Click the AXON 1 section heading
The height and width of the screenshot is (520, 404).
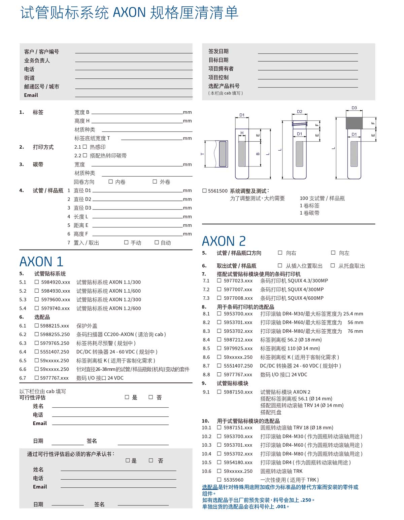click(41, 262)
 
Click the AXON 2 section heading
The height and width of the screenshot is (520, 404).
click(224, 241)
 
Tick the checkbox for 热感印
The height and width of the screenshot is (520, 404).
click(85, 147)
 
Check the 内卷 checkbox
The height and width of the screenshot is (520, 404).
click(111, 182)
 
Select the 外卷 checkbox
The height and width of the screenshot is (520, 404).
click(155, 182)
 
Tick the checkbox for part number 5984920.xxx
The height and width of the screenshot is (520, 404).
click(37, 282)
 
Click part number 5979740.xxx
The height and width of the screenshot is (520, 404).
click(56, 308)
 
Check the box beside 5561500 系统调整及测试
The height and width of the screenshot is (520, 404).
click(204, 191)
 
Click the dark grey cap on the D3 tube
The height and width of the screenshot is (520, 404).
click(354, 123)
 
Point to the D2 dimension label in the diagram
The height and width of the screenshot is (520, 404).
click(300, 112)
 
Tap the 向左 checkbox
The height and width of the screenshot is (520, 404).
click(333, 253)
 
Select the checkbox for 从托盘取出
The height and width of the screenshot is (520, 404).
click(333, 266)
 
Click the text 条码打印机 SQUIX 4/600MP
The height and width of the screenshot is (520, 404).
click(292, 298)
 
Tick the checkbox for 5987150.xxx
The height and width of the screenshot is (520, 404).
click(219, 392)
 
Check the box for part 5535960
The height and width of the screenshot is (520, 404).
click(219, 480)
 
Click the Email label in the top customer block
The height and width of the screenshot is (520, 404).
click(31, 95)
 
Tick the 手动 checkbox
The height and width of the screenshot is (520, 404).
click(126, 242)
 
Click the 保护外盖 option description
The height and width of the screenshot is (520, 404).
click(87, 326)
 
